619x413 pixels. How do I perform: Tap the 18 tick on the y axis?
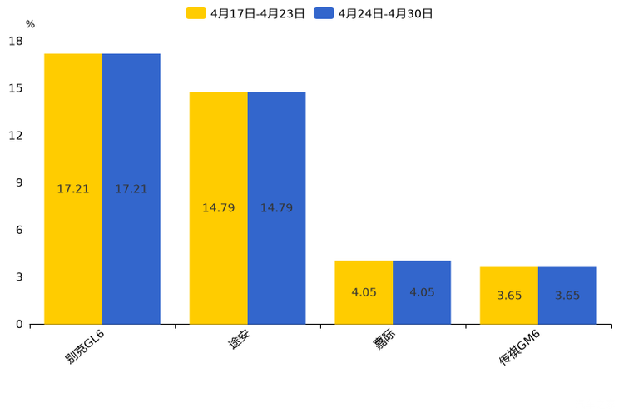(x=16, y=41)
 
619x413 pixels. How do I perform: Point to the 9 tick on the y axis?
(x=19, y=182)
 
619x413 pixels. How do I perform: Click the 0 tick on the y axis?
(x=19, y=324)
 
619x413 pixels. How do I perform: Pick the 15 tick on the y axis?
(x=16, y=88)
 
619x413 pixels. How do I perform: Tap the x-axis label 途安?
(x=240, y=341)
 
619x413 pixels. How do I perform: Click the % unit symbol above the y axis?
(x=30, y=24)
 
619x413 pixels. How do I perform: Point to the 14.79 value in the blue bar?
(x=276, y=208)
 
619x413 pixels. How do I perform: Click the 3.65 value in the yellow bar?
(x=509, y=296)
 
